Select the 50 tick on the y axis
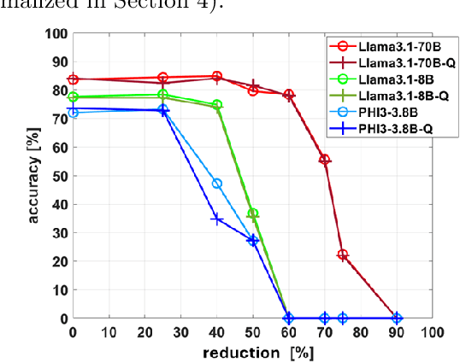click(x=58, y=176)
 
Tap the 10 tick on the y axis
click(x=58, y=289)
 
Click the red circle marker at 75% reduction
click(x=343, y=254)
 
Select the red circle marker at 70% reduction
click(x=324, y=160)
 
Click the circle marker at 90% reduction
click(x=396, y=318)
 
